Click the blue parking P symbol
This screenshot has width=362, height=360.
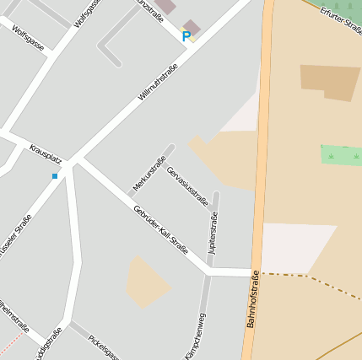click(x=186, y=36)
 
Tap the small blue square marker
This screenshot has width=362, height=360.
click(x=55, y=175)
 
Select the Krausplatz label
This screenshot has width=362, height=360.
click(x=46, y=153)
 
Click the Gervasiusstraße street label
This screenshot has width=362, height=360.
click(x=186, y=185)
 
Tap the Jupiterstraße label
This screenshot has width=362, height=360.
click(x=213, y=233)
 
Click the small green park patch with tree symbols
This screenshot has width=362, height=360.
click(x=341, y=155)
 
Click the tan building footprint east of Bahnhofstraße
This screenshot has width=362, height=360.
click(x=330, y=82)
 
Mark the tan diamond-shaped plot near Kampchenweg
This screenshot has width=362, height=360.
click(x=147, y=283)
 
